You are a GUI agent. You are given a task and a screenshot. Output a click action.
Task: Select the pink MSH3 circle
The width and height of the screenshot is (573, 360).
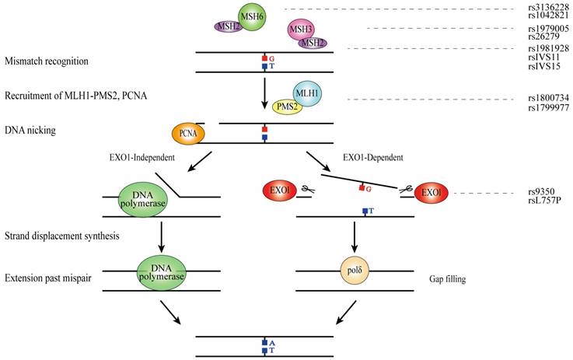tap(301, 30)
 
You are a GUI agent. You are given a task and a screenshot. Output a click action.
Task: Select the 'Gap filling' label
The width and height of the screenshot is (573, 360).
tap(449, 278)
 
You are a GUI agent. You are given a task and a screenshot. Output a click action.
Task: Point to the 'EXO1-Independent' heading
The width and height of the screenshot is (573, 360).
tap(142, 159)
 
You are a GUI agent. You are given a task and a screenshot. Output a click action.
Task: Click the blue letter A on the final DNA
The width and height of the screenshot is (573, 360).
tap(272, 341)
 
